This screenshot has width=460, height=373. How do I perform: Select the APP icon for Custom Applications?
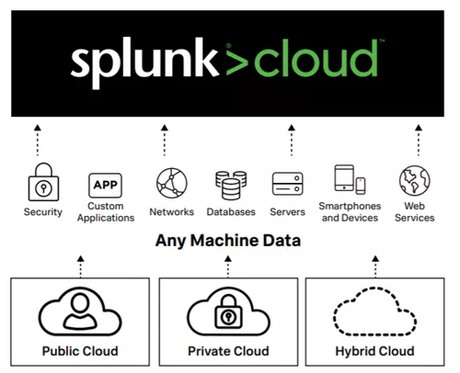105,183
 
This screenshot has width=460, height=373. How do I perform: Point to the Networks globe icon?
171,183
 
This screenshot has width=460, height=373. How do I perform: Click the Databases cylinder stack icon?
230,184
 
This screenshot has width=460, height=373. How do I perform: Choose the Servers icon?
288,183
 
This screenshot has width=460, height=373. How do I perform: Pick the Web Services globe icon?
412,179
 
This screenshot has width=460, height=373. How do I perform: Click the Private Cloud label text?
227,351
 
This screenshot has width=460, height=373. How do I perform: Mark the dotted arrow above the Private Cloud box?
227,267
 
